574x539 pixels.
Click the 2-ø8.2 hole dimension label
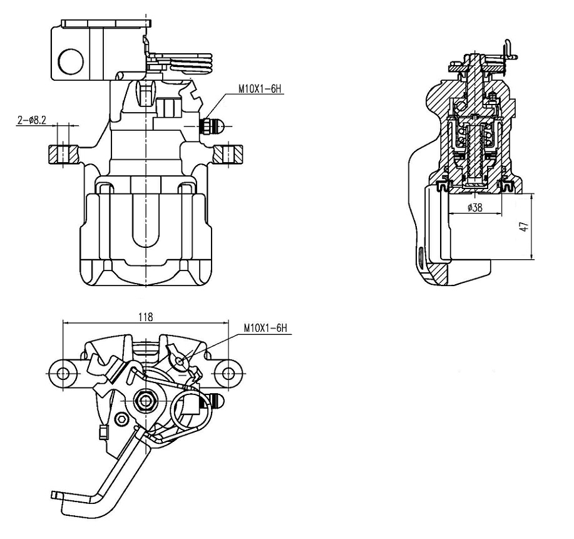[32, 120]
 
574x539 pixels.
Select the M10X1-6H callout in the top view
[260, 89]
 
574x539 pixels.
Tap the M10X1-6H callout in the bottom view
[266, 329]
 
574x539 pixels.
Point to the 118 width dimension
[146, 317]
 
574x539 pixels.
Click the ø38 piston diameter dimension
[475, 208]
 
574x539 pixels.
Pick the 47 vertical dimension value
[524, 227]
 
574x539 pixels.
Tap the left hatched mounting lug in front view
[63, 154]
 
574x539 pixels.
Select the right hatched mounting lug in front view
[228, 154]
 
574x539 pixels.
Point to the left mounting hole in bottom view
[63, 374]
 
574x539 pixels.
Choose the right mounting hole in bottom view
[228, 374]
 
